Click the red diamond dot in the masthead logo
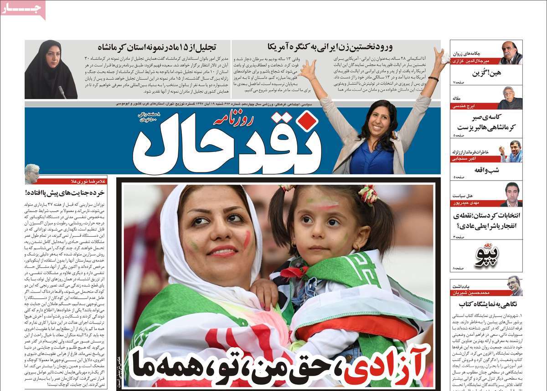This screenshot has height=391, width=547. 309,120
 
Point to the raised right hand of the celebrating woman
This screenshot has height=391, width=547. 441,57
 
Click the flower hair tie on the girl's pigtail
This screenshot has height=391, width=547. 369,195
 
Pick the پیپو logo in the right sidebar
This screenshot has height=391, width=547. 487,256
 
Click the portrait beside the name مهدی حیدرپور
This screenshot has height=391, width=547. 511,193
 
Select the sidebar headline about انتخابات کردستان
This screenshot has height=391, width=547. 487,220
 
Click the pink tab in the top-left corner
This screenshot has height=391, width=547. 23,9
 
